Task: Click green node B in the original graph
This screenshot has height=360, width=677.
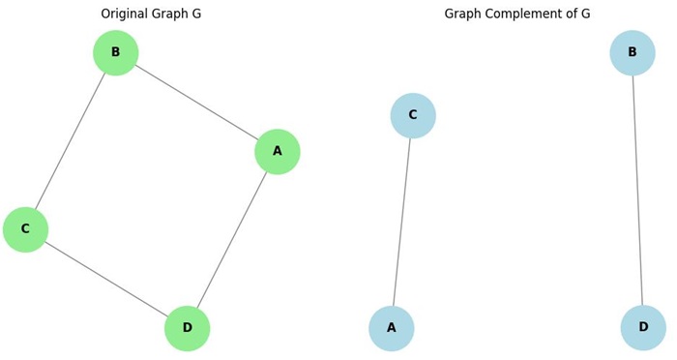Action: coord(115,52)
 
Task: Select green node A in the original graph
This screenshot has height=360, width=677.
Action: coord(277,152)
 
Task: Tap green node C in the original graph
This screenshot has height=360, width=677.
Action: coord(25,229)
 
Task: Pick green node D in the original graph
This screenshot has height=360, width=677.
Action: coord(187,329)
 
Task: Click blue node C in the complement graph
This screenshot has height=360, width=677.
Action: coord(413,116)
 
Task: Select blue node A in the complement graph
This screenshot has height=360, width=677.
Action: coord(392,329)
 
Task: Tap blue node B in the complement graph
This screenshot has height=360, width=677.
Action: coord(633,52)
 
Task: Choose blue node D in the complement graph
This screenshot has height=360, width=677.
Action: coord(643,328)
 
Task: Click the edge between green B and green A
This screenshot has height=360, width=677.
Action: coord(196,103)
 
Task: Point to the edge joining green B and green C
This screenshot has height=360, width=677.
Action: coord(71,140)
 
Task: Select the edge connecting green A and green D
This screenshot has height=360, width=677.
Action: coord(232,240)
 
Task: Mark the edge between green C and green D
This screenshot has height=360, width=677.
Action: coord(106,280)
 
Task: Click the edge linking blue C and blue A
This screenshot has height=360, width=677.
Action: coord(402,223)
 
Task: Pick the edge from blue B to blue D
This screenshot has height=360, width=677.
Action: coord(637,190)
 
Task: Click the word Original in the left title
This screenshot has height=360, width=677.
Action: coord(127,15)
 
